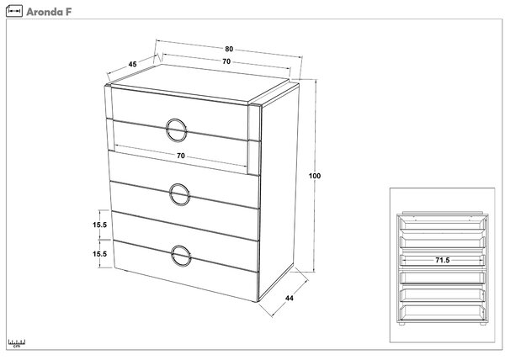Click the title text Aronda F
point(49,12)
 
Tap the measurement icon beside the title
point(14,11)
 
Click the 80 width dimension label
point(229,49)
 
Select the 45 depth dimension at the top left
point(132,64)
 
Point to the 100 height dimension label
point(315,176)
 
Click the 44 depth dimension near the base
point(290,299)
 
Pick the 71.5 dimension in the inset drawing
point(443,260)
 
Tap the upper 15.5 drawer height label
point(100,225)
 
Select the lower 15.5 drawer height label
point(100,254)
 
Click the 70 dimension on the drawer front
point(181,156)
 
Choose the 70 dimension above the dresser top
point(226,61)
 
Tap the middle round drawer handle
point(170,194)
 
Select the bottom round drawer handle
point(173,256)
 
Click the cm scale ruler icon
point(17,343)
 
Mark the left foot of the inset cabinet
point(401,324)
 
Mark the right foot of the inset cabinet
point(483,324)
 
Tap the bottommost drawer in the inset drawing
point(443,312)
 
